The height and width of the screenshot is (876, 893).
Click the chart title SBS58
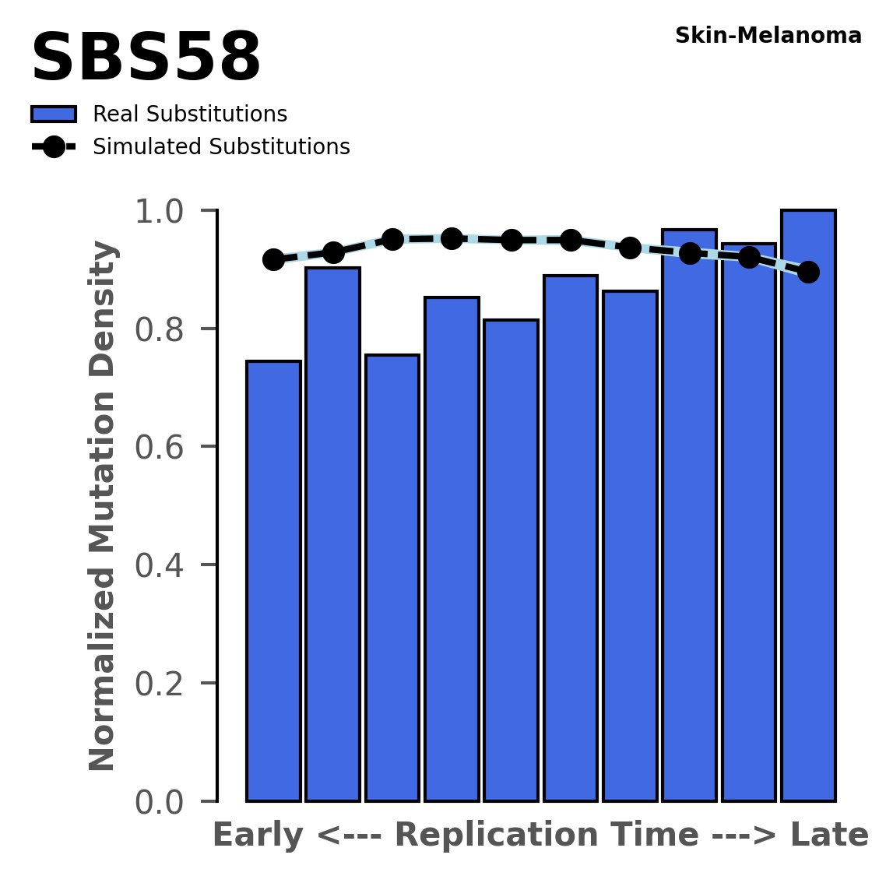[146, 59]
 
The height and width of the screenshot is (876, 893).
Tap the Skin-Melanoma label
[768, 36]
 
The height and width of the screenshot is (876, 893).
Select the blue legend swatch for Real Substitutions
[54, 114]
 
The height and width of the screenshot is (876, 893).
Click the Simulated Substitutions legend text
[221, 147]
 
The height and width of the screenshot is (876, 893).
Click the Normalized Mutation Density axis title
[103, 506]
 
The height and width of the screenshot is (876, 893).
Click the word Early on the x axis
[258, 836]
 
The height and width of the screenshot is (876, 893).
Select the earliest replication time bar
[273, 581]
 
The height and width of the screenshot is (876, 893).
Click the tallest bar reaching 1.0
[808, 506]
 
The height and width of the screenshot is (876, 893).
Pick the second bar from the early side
[332, 534]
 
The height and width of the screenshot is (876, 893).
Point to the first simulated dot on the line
[273, 260]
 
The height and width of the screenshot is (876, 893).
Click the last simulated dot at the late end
[808, 272]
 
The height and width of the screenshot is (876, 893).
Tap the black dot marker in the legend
[54, 147]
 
